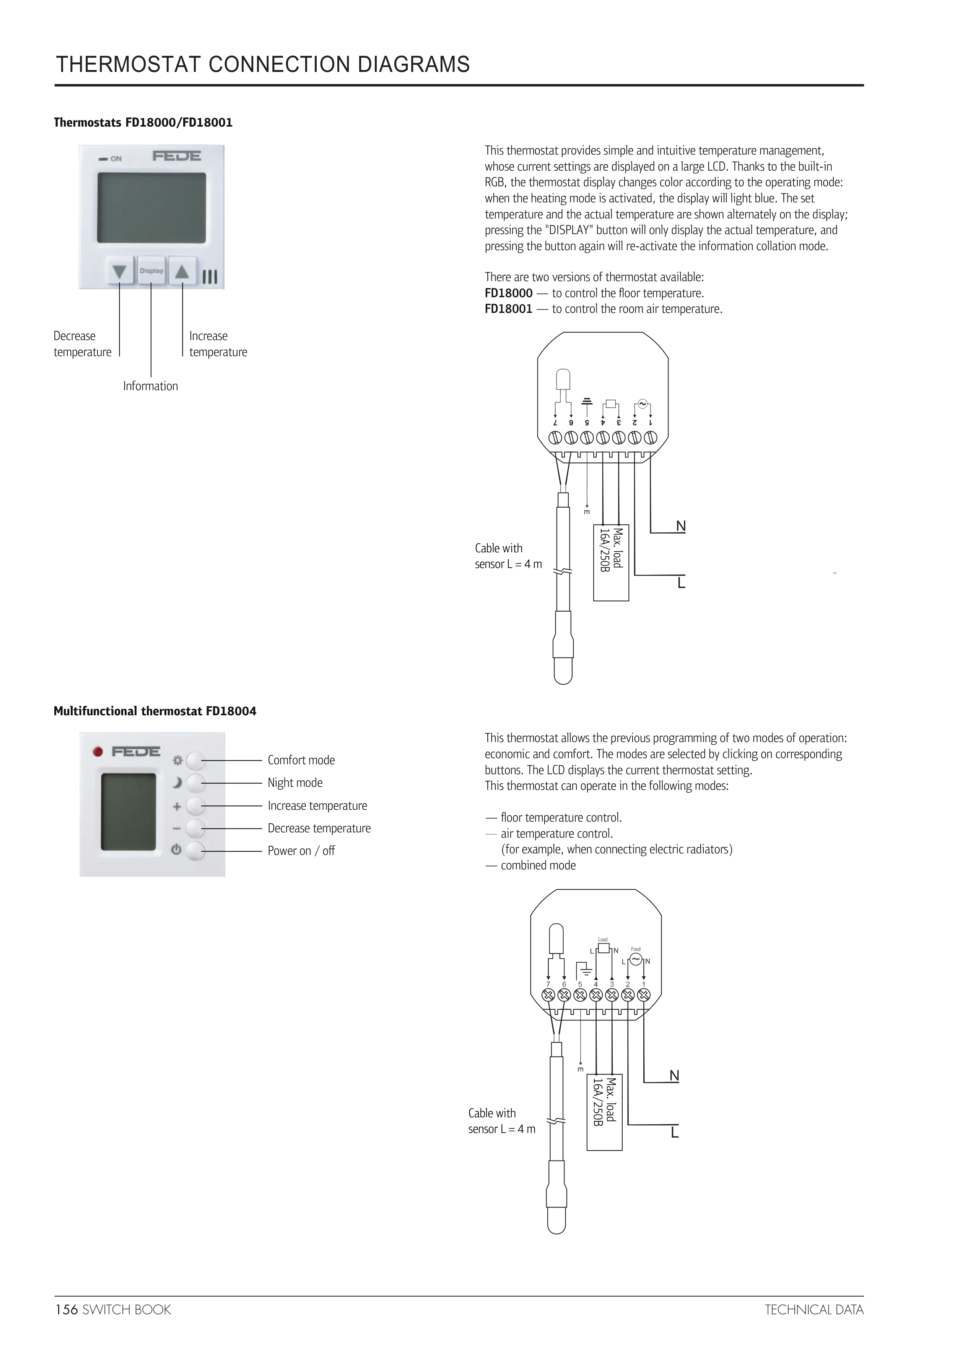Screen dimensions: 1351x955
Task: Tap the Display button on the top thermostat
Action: (x=151, y=271)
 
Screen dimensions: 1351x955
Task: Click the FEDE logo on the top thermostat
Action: (x=177, y=156)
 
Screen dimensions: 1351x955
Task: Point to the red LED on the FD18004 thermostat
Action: (x=99, y=752)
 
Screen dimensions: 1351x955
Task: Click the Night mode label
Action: (x=295, y=783)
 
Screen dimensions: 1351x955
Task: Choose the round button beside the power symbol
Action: (x=196, y=850)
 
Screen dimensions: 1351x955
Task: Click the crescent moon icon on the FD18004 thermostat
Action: (x=177, y=783)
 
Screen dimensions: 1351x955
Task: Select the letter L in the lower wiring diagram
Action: (x=675, y=1133)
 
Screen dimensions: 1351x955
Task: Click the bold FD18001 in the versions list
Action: (x=508, y=309)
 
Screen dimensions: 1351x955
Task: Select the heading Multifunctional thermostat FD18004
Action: (x=155, y=711)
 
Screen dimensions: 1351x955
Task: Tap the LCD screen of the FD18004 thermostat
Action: (x=128, y=811)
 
